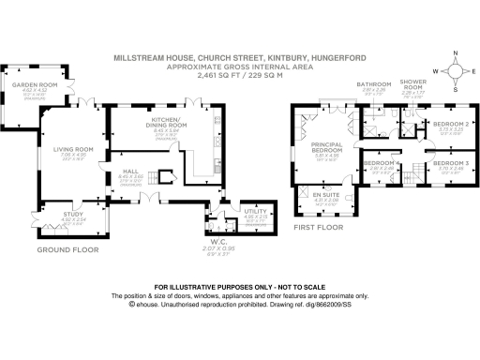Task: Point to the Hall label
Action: tap(131, 171)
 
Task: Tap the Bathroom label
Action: tap(372, 84)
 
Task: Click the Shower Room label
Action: tap(412, 84)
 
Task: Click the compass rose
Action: tap(454, 72)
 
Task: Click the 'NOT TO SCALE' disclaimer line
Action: tap(239, 286)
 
